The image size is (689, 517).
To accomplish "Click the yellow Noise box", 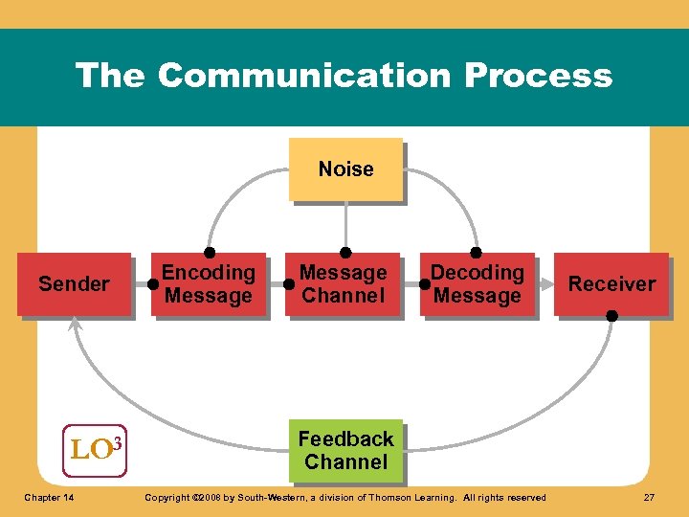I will click(345, 169).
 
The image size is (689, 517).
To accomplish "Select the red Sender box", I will click(74, 284).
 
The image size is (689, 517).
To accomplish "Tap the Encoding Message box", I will click(208, 284).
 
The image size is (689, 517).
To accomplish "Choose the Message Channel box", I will click(343, 284).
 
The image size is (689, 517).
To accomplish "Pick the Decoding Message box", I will click(477, 284).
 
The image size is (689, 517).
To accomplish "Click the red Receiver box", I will click(611, 284).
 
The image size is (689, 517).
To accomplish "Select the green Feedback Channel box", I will click(345, 451).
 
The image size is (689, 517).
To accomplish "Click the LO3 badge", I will click(95, 448).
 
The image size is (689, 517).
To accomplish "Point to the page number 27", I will click(649, 497).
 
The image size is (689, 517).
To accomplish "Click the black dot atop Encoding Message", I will click(209, 252).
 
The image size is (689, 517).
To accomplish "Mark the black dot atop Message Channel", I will click(345, 252).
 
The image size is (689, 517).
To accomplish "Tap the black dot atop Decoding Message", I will click(476, 252).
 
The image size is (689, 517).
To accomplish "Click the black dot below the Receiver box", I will click(611, 316).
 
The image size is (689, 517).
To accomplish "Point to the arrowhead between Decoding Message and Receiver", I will click(545, 284).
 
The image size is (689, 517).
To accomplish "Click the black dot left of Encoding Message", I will click(153, 284).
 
